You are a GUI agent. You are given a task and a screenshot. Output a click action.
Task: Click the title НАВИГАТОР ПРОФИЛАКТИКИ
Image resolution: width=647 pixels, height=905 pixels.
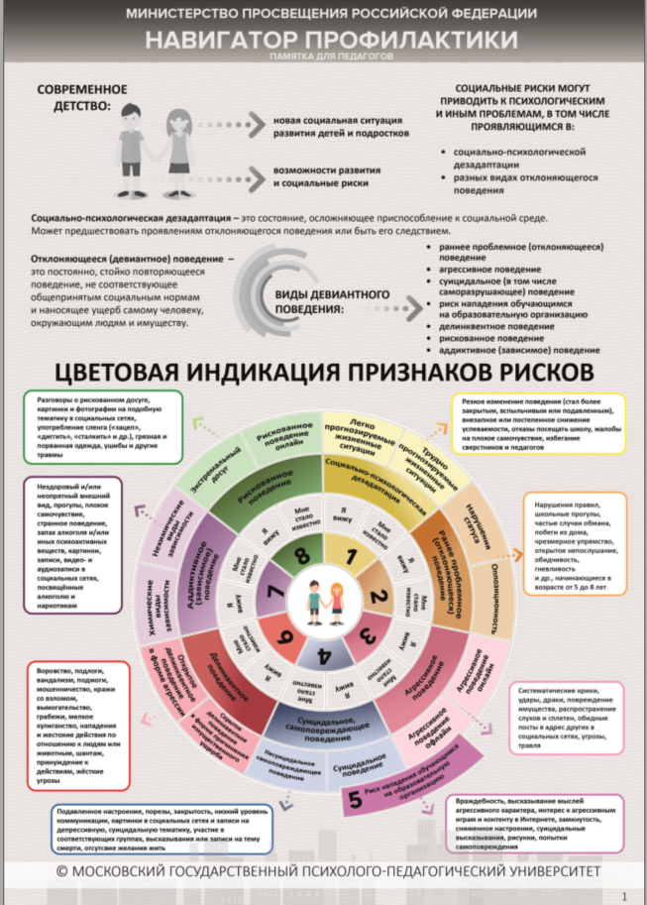click(331, 40)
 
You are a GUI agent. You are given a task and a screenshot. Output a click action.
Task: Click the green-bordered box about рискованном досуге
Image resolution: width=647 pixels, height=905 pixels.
click(101, 426)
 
